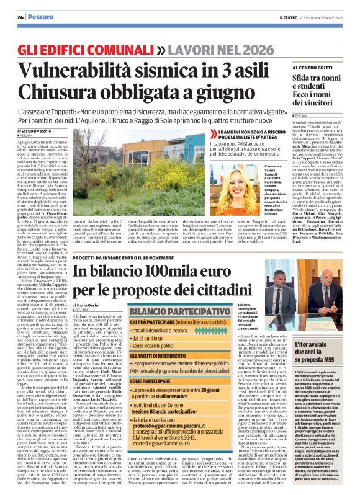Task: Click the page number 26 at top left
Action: pyautogui.click(x=20, y=17)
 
